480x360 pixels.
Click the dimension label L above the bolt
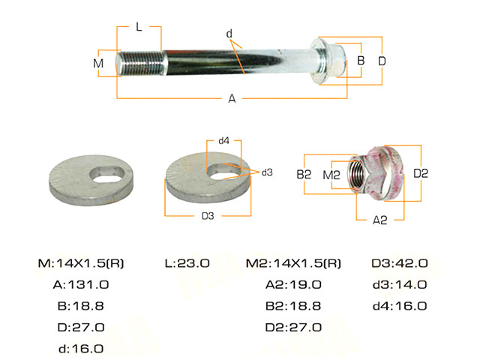[139, 27]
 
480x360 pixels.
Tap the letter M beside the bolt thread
[98, 63]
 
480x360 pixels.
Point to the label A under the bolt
[232, 98]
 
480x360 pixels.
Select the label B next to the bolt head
[361, 60]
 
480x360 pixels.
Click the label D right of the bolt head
[382, 61]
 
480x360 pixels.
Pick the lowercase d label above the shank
[229, 33]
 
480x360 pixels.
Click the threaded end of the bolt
[141, 63]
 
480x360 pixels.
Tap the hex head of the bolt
[336, 61]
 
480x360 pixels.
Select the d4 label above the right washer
[223, 140]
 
